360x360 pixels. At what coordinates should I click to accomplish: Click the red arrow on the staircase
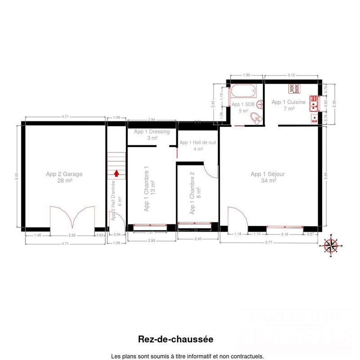click(x=117, y=172)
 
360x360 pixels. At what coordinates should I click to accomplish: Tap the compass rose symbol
click(x=332, y=246)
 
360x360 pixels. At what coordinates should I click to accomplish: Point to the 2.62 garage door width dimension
click(x=72, y=235)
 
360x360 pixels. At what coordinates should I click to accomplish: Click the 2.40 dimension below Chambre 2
click(x=198, y=239)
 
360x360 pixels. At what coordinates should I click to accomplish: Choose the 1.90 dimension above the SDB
click(x=246, y=75)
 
